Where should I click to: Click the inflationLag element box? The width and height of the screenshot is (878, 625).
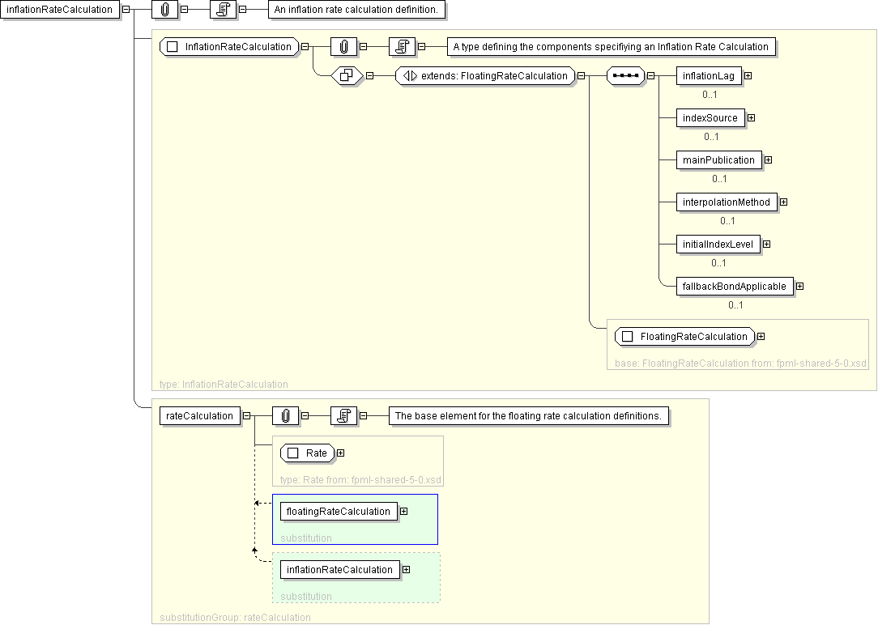coord(709,75)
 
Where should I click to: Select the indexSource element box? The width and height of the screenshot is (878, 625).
coord(710,118)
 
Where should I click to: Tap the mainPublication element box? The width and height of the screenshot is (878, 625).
coord(718,160)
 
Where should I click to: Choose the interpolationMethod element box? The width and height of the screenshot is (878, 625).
coord(727,202)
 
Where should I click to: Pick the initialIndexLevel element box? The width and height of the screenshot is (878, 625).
coord(718,244)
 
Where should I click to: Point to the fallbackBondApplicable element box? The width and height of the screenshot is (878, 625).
coord(734,287)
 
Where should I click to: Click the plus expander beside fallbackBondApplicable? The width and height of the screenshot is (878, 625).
coord(799,287)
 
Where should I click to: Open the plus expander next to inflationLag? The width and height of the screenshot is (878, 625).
coord(748,75)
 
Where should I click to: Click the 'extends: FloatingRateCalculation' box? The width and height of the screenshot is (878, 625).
coord(485,75)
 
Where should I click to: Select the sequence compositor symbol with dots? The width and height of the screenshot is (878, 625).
coord(625,75)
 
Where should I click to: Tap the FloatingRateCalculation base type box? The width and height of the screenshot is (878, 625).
coord(684,336)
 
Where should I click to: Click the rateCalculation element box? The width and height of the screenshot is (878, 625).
coord(199,416)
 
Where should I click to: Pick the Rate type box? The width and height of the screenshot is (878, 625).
coord(307,453)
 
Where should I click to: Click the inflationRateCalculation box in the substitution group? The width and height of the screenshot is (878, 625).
coord(339,570)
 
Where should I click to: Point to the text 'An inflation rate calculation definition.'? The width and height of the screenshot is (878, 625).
coord(356,10)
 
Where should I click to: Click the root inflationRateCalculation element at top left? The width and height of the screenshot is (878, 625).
coord(59,10)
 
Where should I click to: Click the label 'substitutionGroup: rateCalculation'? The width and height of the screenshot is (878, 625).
coord(235,617)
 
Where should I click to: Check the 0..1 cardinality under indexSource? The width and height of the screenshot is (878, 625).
coord(711,137)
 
